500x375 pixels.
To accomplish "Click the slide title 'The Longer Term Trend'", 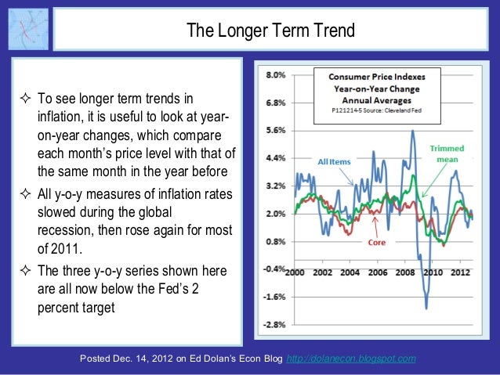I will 270,31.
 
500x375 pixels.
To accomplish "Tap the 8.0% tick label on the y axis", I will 275,76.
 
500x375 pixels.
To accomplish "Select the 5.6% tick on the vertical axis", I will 275,131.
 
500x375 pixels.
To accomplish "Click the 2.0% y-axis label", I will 275,214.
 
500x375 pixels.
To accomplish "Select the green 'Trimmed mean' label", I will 447,153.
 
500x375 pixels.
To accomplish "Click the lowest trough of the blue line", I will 427,308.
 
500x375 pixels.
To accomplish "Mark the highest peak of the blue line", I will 412,131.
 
